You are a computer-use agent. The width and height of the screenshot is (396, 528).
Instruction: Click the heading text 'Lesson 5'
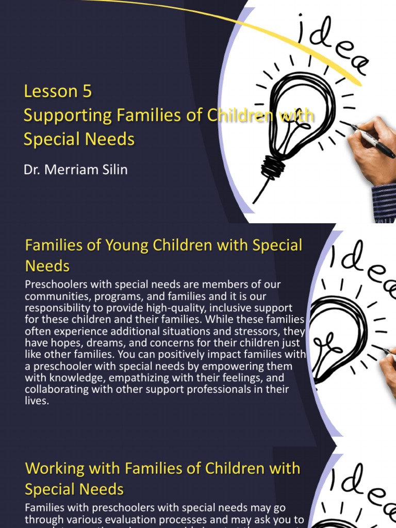tap(58, 91)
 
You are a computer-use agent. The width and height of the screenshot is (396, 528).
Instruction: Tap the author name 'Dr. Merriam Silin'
tap(75, 170)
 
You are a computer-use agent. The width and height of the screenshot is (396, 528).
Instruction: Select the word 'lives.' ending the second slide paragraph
tap(37, 401)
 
